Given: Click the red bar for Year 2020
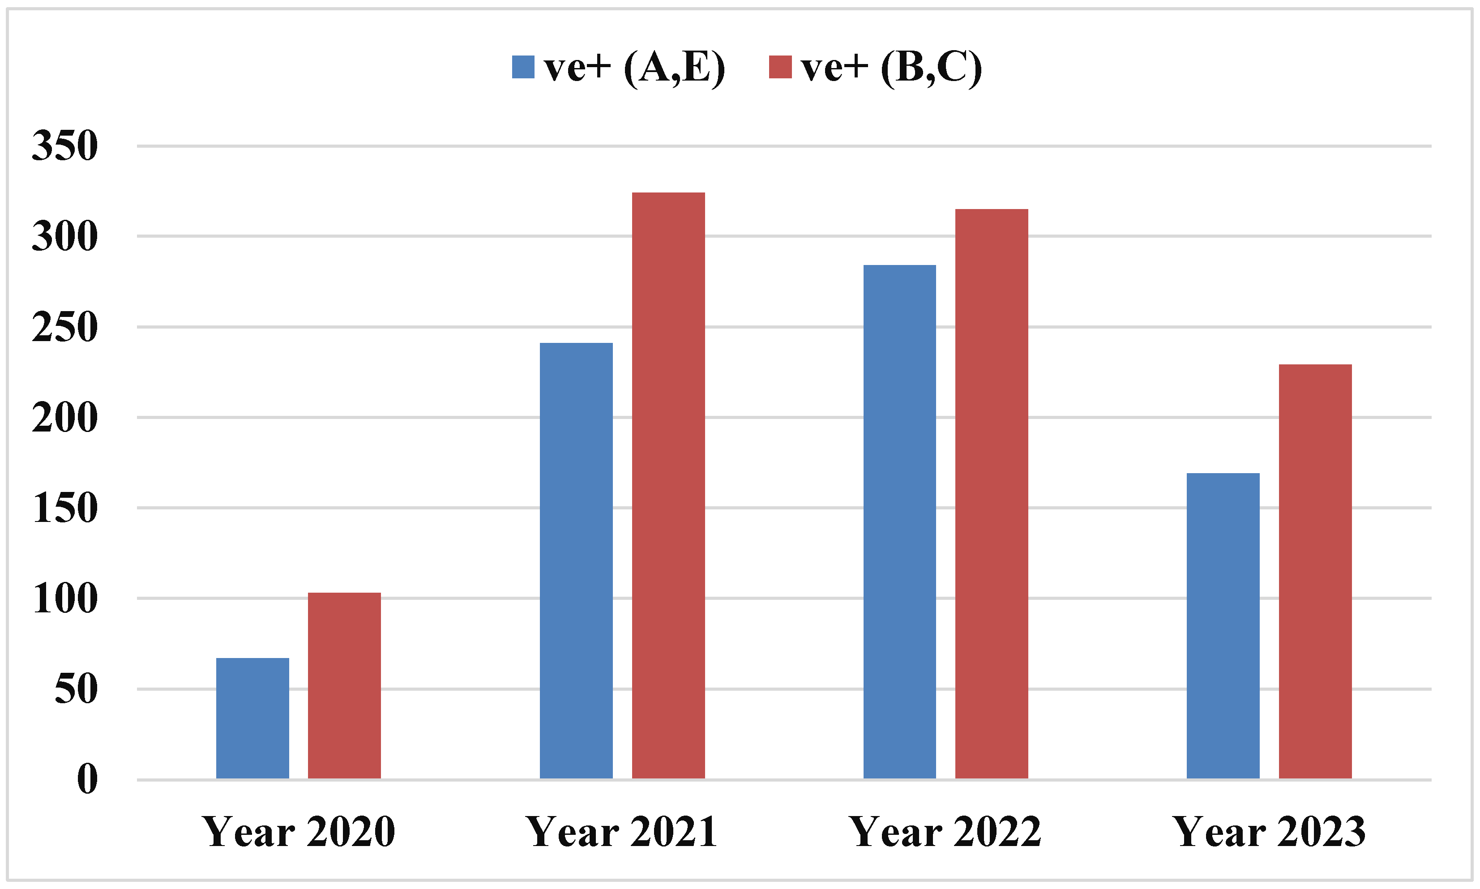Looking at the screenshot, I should click(x=344, y=685).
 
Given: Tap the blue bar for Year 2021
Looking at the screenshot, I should click(x=576, y=560).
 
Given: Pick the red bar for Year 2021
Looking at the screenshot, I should click(x=668, y=485).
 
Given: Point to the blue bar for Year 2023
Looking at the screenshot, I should click(x=1223, y=625).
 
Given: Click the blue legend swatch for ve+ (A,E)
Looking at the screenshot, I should click(x=523, y=67).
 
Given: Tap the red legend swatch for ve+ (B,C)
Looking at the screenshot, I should click(x=780, y=67).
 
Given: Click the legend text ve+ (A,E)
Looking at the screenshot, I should click(x=634, y=67).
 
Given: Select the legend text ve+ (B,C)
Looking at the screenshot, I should click(x=891, y=67).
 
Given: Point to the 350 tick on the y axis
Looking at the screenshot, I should click(x=64, y=145).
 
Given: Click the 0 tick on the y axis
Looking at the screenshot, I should click(x=87, y=779).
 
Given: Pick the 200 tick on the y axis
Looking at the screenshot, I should click(x=64, y=418).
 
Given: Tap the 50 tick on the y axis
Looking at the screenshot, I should click(x=76, y=689).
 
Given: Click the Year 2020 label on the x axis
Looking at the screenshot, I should click(x=298, y=832).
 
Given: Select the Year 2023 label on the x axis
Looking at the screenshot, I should click(x=1269, y=832).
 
